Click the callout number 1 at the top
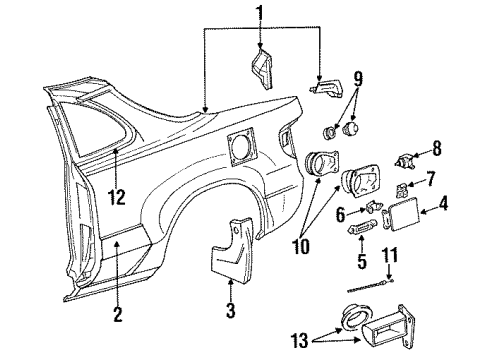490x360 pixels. pyautogui.click(x=260, y=13)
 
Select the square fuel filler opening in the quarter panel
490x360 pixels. pyautogui.click(x=242, y=149)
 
